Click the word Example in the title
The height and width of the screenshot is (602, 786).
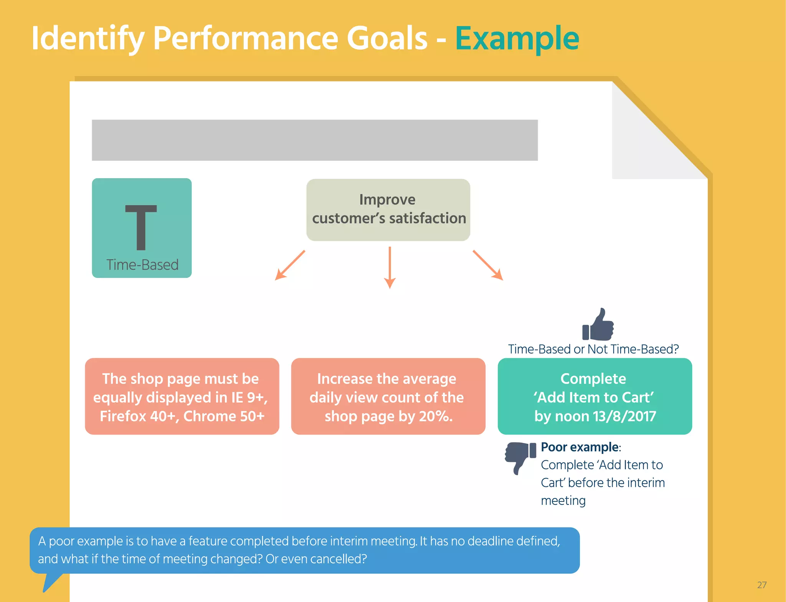(x=517, y=38)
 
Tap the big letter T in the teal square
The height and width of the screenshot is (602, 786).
(x=141, y=227)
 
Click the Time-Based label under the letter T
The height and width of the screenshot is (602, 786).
(x=142, y=265)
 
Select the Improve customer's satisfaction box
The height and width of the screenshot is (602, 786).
(x=388, y=210)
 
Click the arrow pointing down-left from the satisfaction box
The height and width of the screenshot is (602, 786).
(x=290, y=265)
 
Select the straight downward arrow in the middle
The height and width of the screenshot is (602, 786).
(x=390, y=268)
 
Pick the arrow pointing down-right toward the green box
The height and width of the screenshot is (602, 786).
(x=488, y=265)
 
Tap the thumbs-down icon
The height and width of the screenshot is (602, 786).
(x=520, y=456)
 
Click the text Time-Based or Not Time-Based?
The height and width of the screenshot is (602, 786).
(x=593, y=349)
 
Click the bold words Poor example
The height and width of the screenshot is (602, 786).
(x=579, y=447)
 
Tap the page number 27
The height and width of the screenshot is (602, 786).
(x=761, y=585)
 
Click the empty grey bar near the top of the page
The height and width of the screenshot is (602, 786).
(x=315, y=140)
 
